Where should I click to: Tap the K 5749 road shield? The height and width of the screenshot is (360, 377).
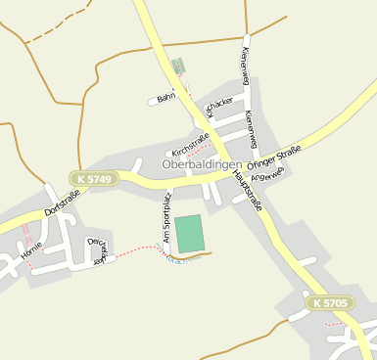click(x=94, y=178)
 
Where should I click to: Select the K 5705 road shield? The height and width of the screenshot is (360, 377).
click(x=330, y=303)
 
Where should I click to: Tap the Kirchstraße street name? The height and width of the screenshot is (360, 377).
click(x=191, y=146)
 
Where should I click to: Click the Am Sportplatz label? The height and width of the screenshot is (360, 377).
click(x=166, y=219)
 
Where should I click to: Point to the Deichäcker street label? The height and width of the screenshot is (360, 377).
click(x=96, y=250)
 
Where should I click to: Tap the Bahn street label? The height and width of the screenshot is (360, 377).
click(x=165, y=97)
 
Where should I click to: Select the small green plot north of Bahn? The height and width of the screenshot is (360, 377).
click(x=177, y=67)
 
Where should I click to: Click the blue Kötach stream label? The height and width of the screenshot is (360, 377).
click(x=177, y=259)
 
